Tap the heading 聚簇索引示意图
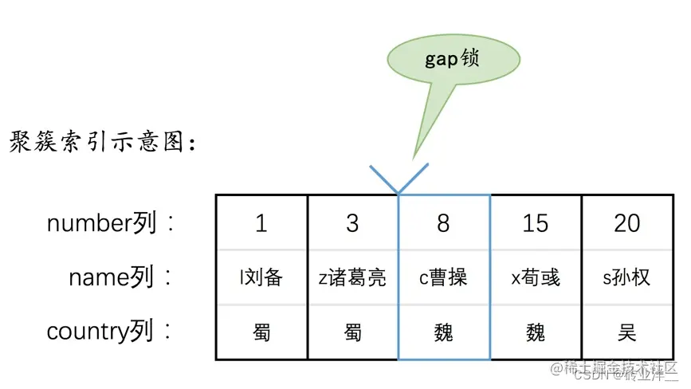pyautogui.click(x=103, y=143)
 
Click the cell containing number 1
pyautogui.click(x=261, y=223)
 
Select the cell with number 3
pyautogui.click(x=352, y=223)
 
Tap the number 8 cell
pyautogui.click(x=443, y=223)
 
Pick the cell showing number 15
pyautogui.click(x=535, y=223)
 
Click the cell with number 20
pyautogui.click(x=626, y=223)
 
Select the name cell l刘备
pyautogui.click(x=261, y=277)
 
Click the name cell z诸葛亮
pyautogui.click(x=352, y=277)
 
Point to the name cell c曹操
pyautogui.click(x=443, y=277)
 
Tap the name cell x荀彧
pyautogui.click(x=535, y=277)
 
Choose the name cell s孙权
pyautogui.click(x=626, y=277)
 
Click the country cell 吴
pyautogui.click(x=626, y=331)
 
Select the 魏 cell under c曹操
pyautogui.click(x=443, y=331)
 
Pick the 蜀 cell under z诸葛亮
pyautogui.click(x=352, y=331)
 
